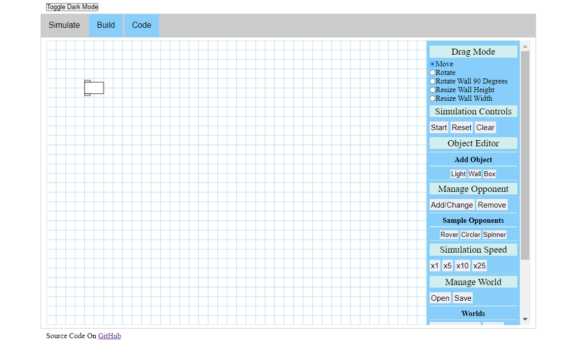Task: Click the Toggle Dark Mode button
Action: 72,7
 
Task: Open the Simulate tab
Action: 64,25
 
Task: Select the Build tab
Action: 106,25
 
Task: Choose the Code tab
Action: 141,25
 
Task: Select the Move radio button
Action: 433,64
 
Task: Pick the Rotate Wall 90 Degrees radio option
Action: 433,81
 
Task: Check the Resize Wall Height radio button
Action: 433,90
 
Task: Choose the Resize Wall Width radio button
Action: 433,99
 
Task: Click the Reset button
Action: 462,128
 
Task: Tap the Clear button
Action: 485,128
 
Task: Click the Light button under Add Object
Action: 459,174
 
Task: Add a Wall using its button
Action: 475,174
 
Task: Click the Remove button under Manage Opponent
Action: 491,205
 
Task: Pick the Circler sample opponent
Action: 471,235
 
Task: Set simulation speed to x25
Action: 479,266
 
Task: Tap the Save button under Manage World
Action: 463,298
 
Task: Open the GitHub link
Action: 109,336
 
